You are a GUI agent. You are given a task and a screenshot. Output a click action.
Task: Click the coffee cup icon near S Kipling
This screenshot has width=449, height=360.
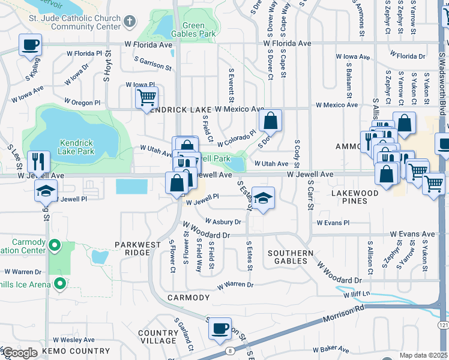click(30, 44)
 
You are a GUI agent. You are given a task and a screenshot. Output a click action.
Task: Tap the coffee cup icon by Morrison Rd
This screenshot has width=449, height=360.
click(220, 328)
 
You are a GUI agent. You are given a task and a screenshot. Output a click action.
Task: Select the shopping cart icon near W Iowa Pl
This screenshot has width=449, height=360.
click(146, 97)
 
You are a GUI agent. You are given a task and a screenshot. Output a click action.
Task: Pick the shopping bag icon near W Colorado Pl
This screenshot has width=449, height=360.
click(271, 121)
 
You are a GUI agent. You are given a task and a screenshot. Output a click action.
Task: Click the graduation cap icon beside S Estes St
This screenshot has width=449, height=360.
click(263, 197)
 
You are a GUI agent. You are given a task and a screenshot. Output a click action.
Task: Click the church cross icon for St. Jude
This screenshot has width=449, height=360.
click(129, 23)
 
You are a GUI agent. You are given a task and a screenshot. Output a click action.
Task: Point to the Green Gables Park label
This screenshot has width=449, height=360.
click(199, 30)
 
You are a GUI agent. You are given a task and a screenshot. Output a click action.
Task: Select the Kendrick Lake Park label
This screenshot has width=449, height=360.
click(77, 147)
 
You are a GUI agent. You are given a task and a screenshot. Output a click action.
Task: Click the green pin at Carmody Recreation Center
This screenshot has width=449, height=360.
click(55, 245)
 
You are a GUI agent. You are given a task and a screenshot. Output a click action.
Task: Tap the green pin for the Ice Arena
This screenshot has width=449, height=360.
click(59, 284)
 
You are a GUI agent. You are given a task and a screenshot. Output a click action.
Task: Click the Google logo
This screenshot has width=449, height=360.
click(20, 353)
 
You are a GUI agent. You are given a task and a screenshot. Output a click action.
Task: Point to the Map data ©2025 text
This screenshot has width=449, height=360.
click(423, 355)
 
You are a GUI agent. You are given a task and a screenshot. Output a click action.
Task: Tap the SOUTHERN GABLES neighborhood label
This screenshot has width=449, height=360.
click(291, 257)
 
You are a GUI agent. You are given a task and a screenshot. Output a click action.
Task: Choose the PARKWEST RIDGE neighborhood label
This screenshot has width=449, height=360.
click(138, 248)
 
